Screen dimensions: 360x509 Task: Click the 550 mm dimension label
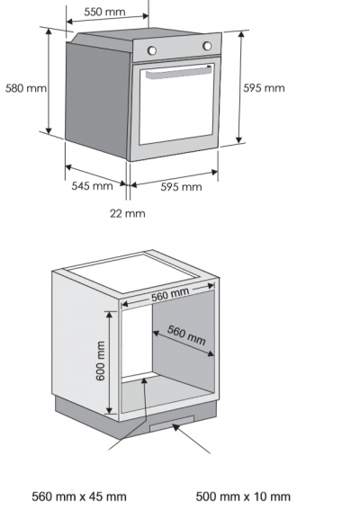[104, 12]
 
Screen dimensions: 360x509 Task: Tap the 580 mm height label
[26, 88]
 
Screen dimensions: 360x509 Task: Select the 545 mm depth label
[93, 186]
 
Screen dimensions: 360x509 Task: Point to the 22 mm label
[128, 214]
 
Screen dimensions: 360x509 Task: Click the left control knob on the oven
[152, 50]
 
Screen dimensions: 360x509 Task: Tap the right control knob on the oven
[207, 46]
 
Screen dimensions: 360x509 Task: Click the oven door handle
[179, 72]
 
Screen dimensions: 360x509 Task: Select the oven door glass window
[176, 104]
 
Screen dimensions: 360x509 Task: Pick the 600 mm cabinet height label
[101, 361]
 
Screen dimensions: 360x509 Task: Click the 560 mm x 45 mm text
[79, 496]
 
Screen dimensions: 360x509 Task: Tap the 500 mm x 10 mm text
[243, 496]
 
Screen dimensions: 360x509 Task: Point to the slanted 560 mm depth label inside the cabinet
[186, 335]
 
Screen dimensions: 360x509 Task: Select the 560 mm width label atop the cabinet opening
[170, 294]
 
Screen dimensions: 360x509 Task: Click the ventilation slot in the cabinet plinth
[172, 424]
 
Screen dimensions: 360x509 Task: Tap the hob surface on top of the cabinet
[134, 272]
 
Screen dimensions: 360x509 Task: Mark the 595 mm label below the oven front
[181, 187]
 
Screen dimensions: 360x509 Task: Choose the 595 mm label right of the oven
[264, 88]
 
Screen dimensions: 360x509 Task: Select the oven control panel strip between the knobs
[179, 48]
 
